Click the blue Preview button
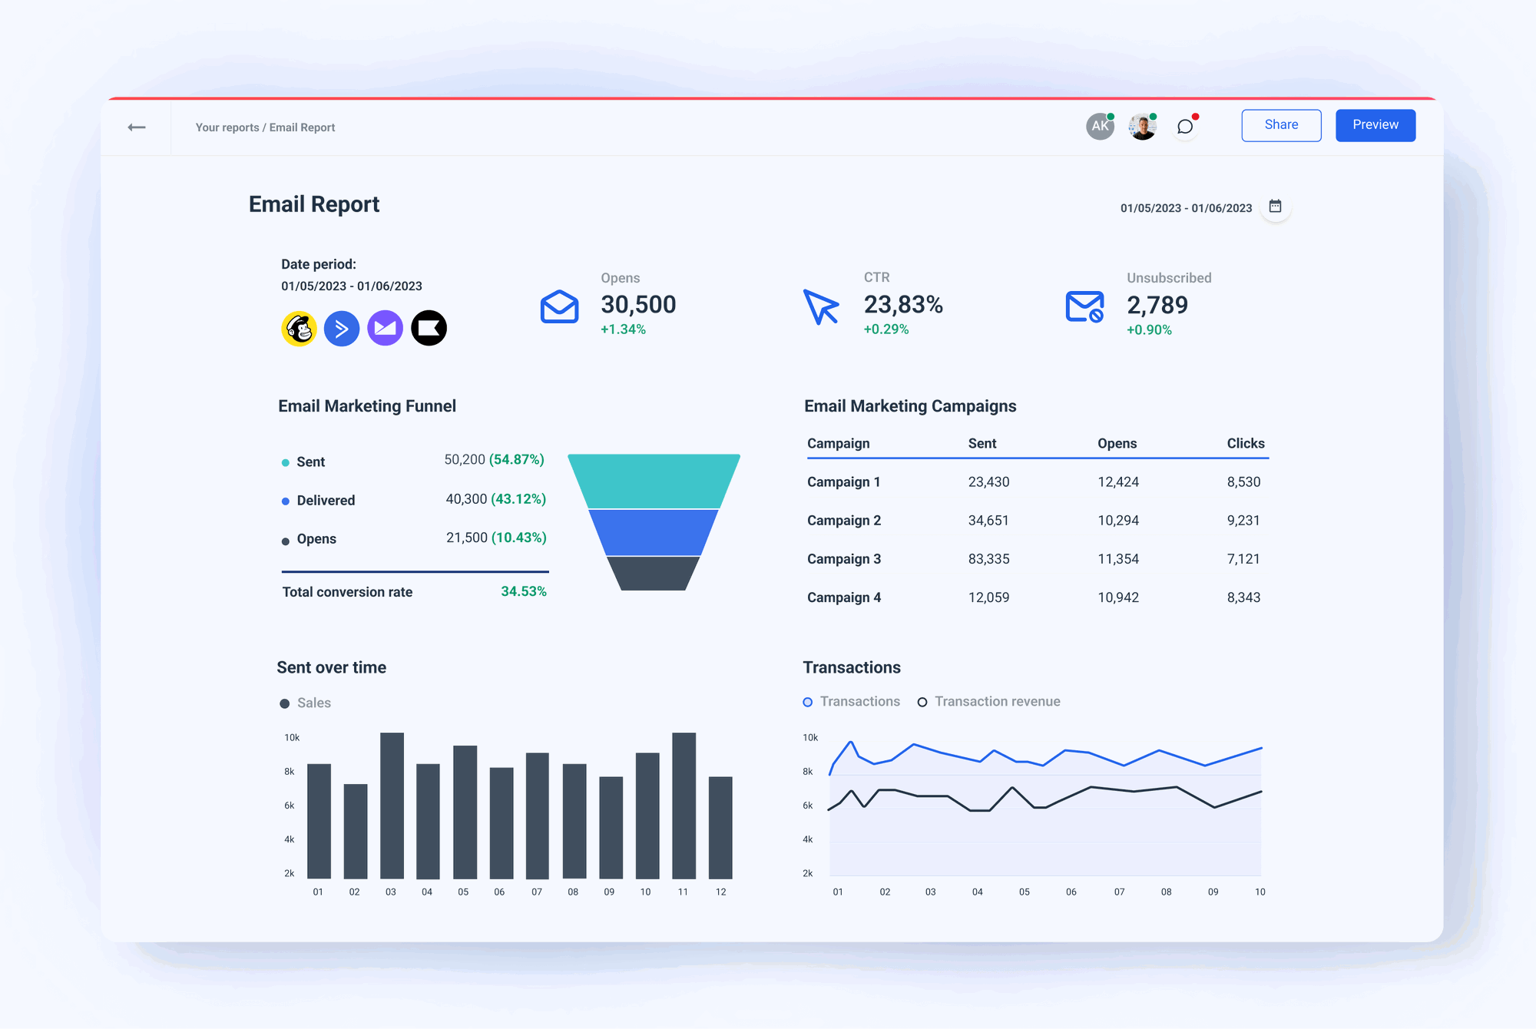pyautogui.click(x=1375, y=125)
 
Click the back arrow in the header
pyautogui.click(x=137, y=127)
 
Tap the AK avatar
pyautogui.click(x=1100, y=126)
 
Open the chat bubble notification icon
pyautogui.click(x=1185, y=127)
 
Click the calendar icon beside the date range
pyautogui.click(x=1275, y=207)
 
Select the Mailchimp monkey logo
pyautogui.click(x=299, y=329)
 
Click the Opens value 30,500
pyautogui.click(x=638, y=305)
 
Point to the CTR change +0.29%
pyautogui.click(x=886, y=329)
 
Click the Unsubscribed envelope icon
pyautogui.click(x=1084, y=306)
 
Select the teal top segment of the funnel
pyautogui.click(x=654, y=481)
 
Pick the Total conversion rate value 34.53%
pyautogui.click(x=523, y=591)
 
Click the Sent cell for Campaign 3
pyautogui.click(x=988, y=559)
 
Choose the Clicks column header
pyautogui.click(x=1245, y=443)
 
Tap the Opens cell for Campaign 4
pyautogui.click(x=1117, y=597)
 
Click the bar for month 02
pyautogui.click(x=355, y=831)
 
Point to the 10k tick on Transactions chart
pyautogui.click(x=810, y=738)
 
